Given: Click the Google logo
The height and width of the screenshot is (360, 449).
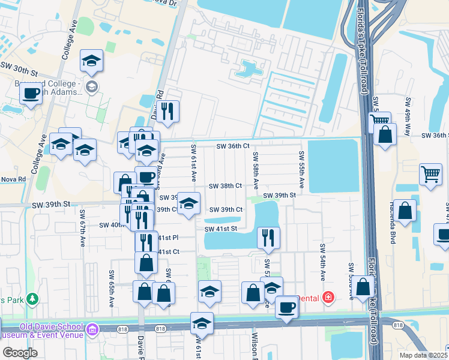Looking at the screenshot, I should tap(19, 353).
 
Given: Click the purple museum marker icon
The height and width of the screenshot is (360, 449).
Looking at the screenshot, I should tap(92, 329).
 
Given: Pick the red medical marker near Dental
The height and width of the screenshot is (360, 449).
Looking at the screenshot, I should tap(328, 297).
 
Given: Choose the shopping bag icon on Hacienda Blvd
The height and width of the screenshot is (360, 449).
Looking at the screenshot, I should tap(405, 211).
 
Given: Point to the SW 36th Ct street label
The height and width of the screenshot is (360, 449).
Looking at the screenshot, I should tap(232, 146).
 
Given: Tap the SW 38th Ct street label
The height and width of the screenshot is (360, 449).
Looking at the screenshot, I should tap(225, 187).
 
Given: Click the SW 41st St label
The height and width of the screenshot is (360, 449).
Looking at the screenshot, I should tap(221, 229).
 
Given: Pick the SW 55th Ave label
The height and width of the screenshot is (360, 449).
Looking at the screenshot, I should tap(301, 171).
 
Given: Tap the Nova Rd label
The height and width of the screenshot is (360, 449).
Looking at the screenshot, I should tap(13, 179).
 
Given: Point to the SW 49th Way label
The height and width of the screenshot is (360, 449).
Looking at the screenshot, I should tap(408, 116).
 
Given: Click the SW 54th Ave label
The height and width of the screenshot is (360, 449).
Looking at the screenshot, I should tap(322, 263).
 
